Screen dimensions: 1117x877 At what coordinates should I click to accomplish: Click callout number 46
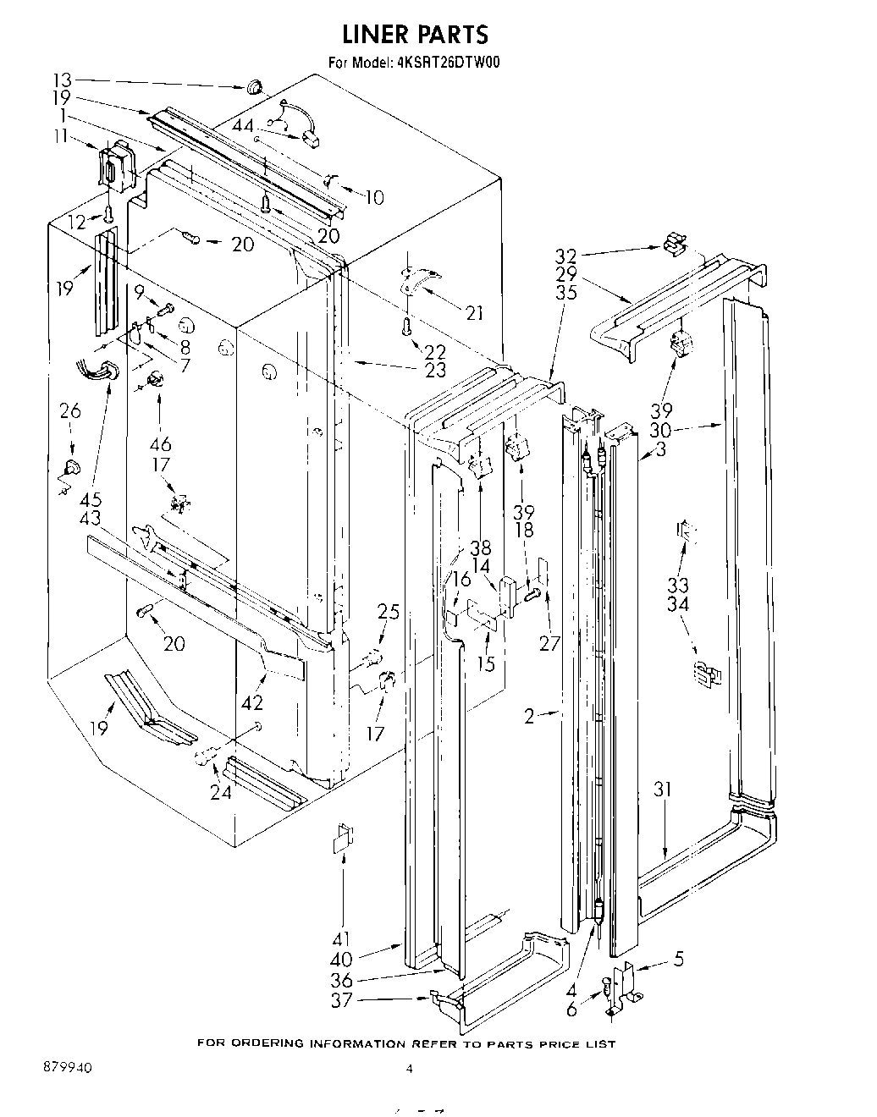click(159, 443)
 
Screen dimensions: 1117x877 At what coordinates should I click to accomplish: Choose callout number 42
click(251, 702)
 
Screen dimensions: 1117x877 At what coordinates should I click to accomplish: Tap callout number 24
click(220, 793)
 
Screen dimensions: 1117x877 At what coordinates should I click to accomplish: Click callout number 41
click(344, 939)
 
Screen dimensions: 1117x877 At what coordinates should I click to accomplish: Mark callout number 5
click(679, 960)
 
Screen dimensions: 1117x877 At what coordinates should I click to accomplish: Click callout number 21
click(474, 314)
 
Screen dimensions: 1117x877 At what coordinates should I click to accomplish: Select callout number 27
click(549, 642)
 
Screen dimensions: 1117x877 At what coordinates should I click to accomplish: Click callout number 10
click(373, 197)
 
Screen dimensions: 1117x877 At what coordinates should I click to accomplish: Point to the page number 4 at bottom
click(409, 1069)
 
